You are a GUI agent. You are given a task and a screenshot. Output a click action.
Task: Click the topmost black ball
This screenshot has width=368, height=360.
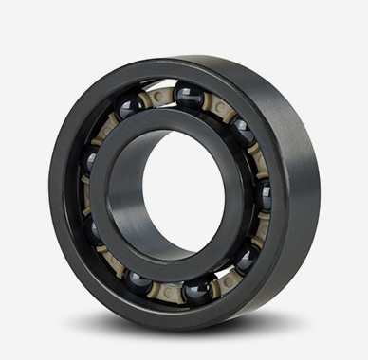[188, 95]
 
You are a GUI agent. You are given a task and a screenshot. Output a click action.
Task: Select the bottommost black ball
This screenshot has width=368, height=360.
[197, 290]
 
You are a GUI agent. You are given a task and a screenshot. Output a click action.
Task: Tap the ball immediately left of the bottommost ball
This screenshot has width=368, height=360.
[141, 280]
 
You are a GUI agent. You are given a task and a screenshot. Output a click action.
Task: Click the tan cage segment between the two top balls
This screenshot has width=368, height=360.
[158, 97]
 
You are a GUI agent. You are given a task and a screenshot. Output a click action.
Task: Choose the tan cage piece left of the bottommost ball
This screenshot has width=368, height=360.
[169, 288]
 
